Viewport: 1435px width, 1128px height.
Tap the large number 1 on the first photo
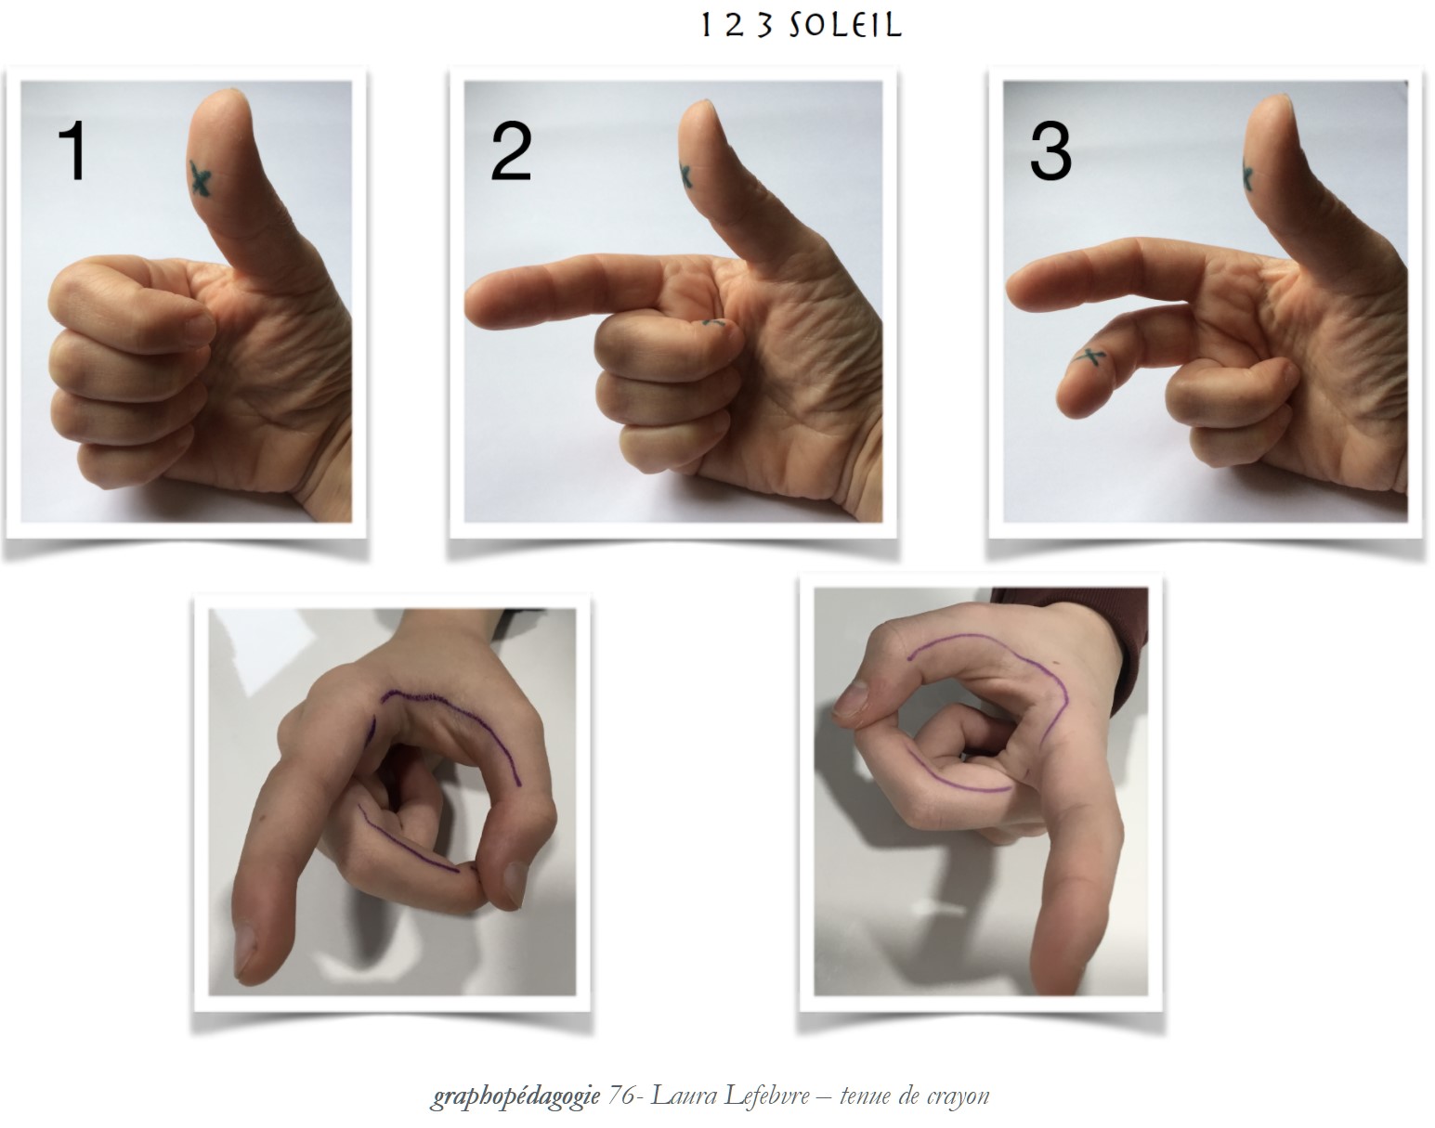point(73,150)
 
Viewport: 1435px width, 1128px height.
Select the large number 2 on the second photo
point(512,152)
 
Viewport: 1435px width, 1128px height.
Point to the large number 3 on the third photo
point(1050,152)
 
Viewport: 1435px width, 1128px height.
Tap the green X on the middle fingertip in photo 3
point(1091,358)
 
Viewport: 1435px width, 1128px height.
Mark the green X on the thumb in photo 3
point(1247,175)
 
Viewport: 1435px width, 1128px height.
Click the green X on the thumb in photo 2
point(685,175)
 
